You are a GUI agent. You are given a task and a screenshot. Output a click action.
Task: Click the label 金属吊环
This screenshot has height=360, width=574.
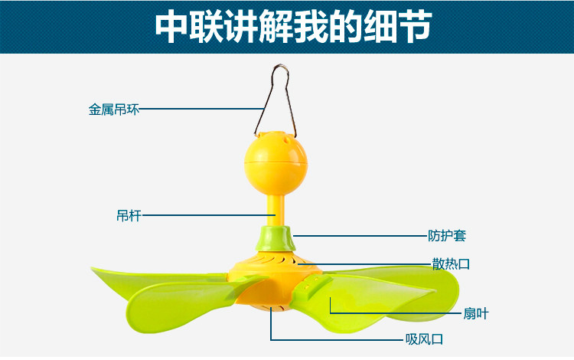click(x=113, y=110)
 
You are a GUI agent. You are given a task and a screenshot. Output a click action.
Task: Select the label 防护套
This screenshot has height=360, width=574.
click(x=446, y=235)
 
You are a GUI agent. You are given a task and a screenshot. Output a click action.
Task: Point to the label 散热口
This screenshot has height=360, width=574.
click(x=451, y=265)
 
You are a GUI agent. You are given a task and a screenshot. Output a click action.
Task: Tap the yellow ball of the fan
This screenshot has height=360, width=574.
click(x=276, y=163)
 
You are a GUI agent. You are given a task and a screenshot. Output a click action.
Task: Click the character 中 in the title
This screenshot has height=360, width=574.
click(x=173, y=27)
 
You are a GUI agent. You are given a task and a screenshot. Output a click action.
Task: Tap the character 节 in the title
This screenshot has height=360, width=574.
click(x=413, y=27)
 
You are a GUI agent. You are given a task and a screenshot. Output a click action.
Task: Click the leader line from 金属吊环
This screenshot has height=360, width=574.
click(x=199, y=110)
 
